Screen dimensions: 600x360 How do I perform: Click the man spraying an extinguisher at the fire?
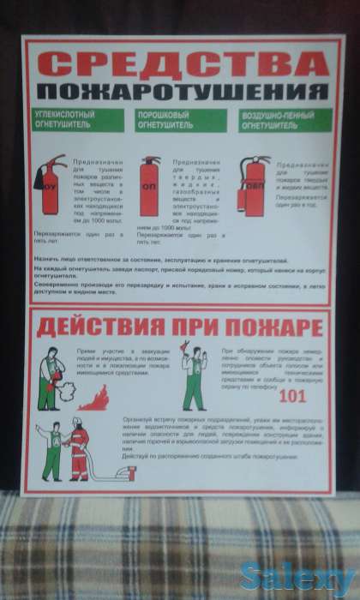[x=51, y=377]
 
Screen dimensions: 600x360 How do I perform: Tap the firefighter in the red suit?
[x=79, y=449]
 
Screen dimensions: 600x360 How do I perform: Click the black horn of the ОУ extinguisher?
[x=39, y=179]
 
